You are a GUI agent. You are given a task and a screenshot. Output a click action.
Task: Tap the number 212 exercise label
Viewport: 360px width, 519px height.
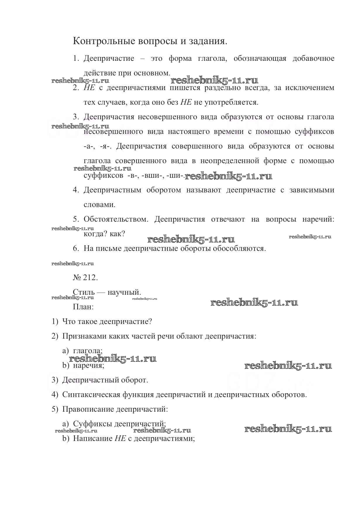point(85,277)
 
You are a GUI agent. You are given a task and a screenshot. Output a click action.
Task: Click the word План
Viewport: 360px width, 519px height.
point(83,307)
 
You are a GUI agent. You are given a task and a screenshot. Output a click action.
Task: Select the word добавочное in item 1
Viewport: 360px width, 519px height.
point(313,58)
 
